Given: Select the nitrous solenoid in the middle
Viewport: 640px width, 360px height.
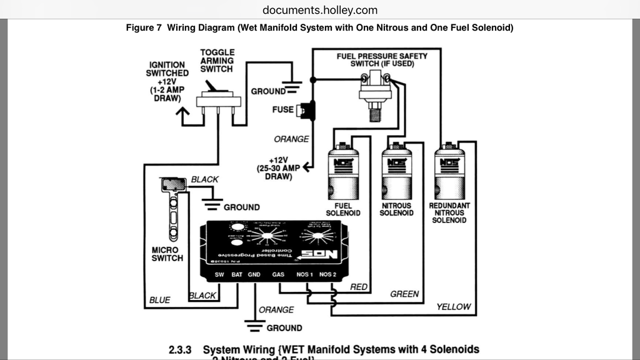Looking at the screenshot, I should coord(396,173).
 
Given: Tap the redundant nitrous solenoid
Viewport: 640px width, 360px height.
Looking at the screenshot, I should coord(449,173).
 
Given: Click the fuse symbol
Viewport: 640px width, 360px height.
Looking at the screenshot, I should coord(306,109).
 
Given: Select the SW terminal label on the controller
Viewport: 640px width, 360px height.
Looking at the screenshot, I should coord(219,274).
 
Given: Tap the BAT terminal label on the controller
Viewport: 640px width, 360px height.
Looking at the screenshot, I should coord(237,274).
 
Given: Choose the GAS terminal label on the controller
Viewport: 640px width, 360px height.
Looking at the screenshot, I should coord(279,274).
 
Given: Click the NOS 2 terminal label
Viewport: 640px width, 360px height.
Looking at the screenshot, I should coord(327,274).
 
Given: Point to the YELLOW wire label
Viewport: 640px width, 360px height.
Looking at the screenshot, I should coord(453,306).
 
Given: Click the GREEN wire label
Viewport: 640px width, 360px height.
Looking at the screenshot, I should coord(404,294).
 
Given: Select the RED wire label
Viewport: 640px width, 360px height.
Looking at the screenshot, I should coord(359,287).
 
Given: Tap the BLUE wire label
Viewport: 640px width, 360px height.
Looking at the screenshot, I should coord(159,300).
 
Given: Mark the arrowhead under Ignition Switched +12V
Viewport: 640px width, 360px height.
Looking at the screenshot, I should coord(182,113).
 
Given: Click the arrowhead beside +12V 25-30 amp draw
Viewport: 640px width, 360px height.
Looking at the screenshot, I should coord(306,167).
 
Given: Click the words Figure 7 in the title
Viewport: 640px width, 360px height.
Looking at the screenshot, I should coord(144,27).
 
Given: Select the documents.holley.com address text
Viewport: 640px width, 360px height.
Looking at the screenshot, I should coord(320,9).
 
